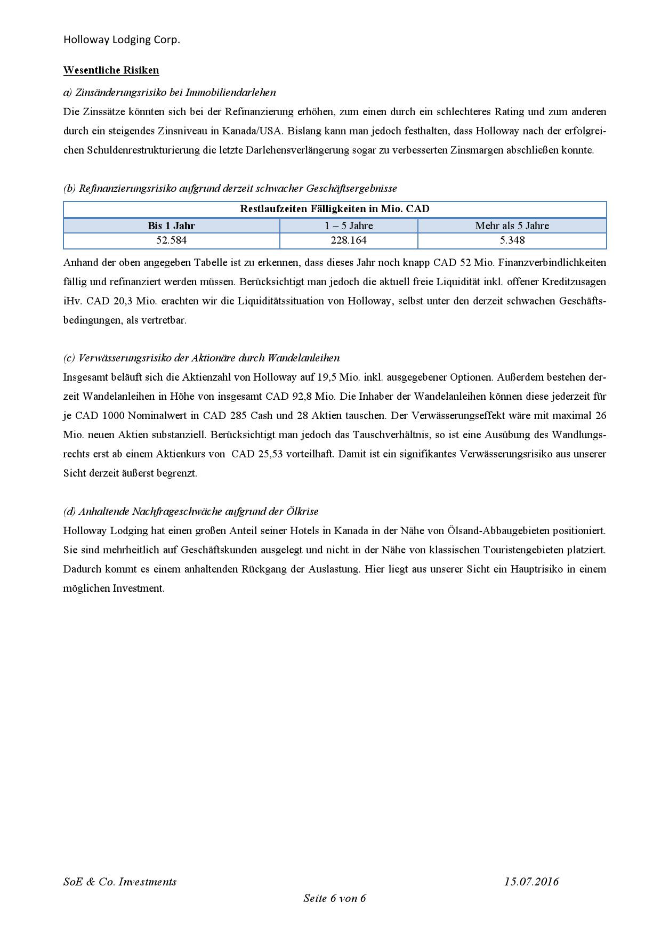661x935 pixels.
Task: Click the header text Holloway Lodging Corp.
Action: coord(122,40)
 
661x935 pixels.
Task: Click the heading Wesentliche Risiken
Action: coord(111,70)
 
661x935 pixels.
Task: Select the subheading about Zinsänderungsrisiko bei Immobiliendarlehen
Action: coord(170,92)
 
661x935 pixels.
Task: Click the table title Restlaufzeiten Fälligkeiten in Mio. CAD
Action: coord(334,209)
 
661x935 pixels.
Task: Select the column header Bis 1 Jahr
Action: coord(171,225)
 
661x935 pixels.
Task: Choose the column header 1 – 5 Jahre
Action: coord(349,225)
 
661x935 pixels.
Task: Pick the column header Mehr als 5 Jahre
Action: coord(512,225)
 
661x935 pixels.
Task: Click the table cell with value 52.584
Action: coord(171,240)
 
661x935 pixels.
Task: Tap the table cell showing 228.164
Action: coord(349,240)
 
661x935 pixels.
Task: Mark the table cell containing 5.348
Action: coord(512,240)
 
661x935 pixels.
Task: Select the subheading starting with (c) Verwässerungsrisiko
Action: coord(201,358)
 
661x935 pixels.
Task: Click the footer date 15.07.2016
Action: coord(531,881)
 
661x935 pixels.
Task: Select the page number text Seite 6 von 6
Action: coord(334,898)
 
